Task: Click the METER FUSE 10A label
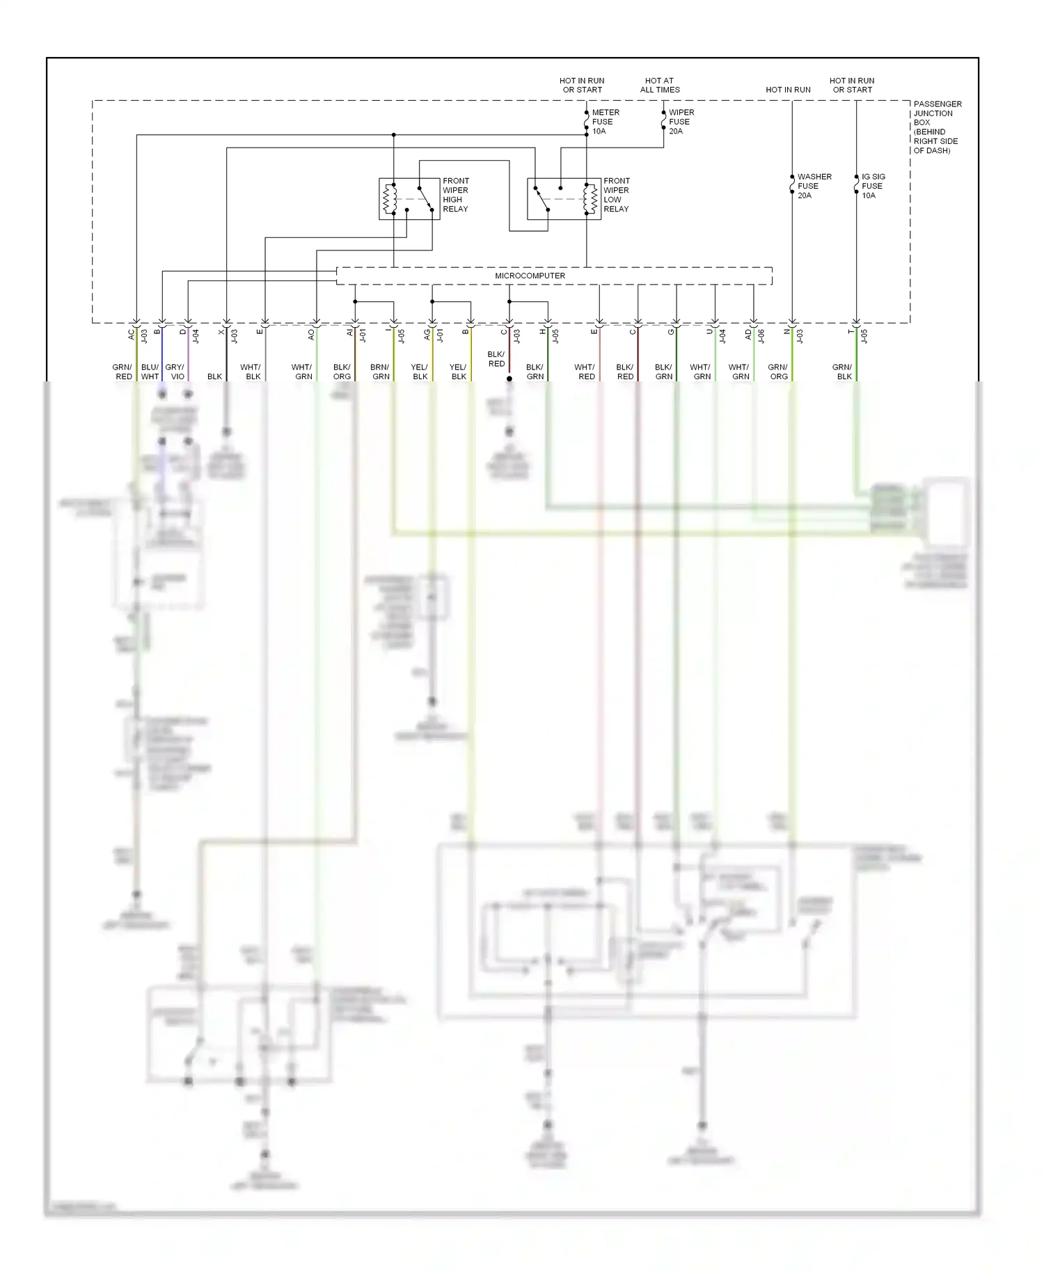[x=605, y=122]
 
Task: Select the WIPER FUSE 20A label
[x=681, y=122]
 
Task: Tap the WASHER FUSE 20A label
[x=814, y=186]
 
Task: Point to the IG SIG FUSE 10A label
[x=873, y=186]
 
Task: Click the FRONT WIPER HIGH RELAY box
[x=409, y=199]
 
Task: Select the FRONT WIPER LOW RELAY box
[x=564, y=199]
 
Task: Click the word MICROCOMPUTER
[x=530, y=276]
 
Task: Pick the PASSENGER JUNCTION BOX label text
[x=937, y=127]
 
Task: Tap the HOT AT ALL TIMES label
[x=660, y=85]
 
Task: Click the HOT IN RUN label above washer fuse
[x=788, y=90]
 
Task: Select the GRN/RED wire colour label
[x=122, y=372]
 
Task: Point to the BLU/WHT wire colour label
[x=150, y=372]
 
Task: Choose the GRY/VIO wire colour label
[x=175, y=372]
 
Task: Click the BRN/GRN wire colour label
[x=380, y=372]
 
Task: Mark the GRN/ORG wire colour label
[x=778, y=372]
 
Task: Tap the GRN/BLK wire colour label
[x=842, y=372]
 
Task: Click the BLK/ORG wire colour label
[x=342, y=372]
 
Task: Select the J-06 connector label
[x=761, y=336]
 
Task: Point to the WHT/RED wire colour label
[x=585, y=372]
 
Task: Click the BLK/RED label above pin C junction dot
[x=496, y=359]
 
